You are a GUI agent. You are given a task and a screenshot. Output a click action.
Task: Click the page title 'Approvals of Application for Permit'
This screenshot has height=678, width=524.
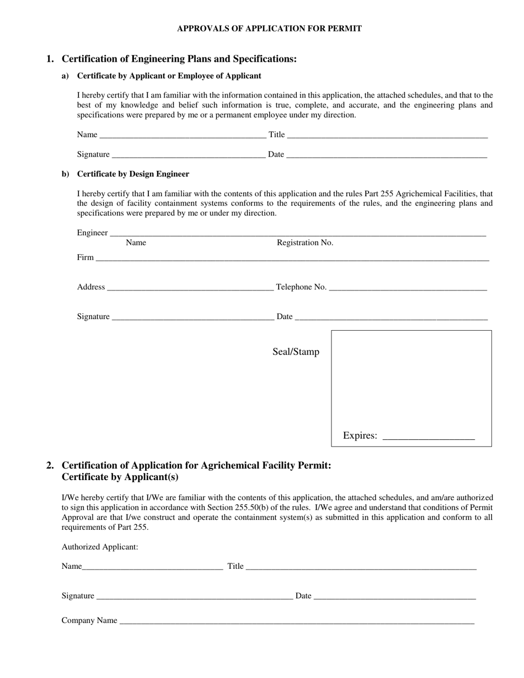pos(269,28)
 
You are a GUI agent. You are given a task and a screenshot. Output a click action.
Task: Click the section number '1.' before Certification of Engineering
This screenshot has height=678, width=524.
pos(50,59)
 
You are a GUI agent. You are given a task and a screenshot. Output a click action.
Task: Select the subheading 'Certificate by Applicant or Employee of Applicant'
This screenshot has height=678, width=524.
pos(169,76)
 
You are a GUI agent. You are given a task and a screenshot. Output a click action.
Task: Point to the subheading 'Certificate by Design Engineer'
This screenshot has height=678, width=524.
pos(133,174)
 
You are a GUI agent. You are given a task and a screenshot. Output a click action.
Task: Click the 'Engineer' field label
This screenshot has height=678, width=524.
pos(92,233)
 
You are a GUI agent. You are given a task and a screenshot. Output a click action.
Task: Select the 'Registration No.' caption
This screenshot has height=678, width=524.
pos(304,243)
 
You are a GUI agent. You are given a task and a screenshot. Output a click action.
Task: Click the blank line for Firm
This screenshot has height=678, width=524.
pos(292,259)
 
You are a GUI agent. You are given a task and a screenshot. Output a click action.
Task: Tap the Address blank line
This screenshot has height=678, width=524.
pos(190,288)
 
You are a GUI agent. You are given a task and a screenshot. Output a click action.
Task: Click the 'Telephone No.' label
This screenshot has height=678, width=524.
pos(301,287)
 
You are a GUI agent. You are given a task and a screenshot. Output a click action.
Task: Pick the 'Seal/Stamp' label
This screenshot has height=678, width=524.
pos(296,352)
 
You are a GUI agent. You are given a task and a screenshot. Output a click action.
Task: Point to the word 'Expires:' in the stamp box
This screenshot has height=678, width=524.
pos(360,436)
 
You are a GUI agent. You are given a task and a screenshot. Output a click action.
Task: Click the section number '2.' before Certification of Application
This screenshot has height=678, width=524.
pos(50,465)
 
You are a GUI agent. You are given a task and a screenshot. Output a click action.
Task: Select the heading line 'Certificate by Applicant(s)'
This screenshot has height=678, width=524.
pos(120,477)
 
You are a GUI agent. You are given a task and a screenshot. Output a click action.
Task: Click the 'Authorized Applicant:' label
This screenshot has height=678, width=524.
pos(100,547)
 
